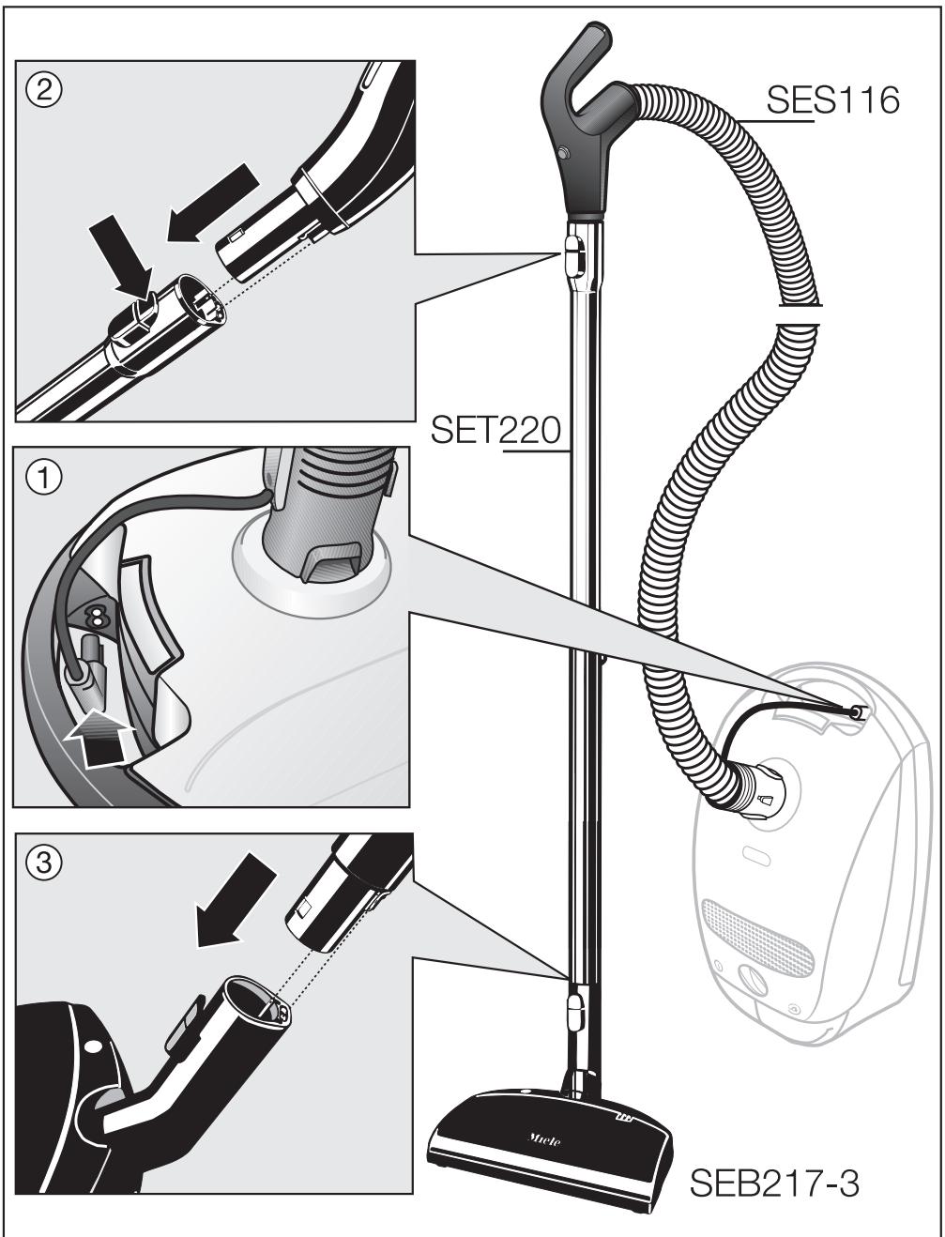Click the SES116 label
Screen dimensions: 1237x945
(x=832, y=100)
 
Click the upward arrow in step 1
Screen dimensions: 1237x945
(x=98, y=737)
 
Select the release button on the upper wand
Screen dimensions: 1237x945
(x=573, y=254)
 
